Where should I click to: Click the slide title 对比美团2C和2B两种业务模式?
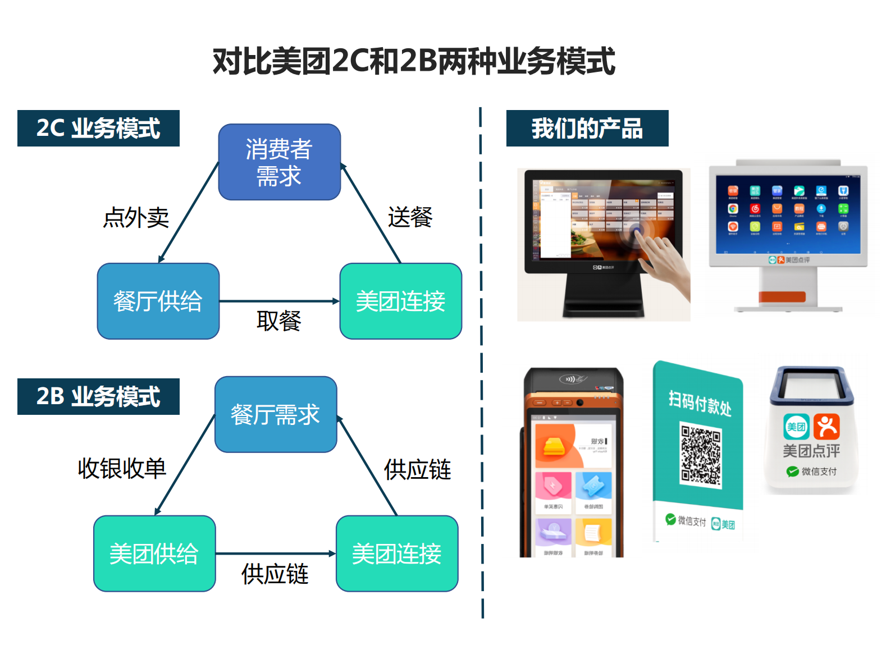[414, 61]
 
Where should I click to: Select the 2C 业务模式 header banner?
[98, 128]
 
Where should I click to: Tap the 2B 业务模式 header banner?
[98, 396]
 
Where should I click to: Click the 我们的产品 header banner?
[587, 128]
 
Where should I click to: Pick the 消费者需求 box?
[279, 162]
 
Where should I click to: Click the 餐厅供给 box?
[158, 301]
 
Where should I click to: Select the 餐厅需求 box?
[275, 414]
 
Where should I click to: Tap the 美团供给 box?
[154, 553]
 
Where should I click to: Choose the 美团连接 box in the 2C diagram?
[400, 301]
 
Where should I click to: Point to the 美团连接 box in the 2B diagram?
[396, 553]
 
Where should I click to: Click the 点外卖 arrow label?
[136, 218]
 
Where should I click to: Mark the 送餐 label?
[410, 217]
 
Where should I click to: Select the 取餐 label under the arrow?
[278, 321]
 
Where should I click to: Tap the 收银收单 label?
[122, 468]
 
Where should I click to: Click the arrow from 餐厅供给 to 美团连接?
[279, 301]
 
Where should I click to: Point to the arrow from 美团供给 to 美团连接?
[275, 553]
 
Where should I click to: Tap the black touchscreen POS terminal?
[604, 244]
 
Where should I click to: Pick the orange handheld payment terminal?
[572, 463]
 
